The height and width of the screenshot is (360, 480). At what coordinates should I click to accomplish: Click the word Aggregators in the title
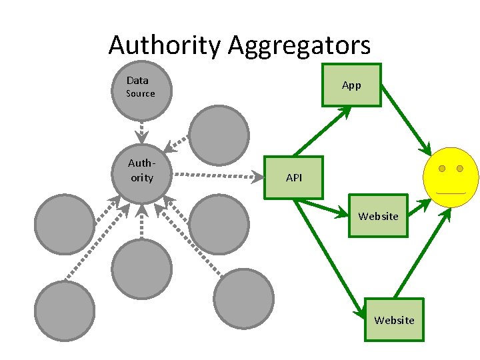299,45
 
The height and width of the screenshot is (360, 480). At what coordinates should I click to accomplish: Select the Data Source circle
141,89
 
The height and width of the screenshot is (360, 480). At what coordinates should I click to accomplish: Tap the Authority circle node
141,173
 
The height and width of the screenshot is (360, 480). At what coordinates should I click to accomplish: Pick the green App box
351,85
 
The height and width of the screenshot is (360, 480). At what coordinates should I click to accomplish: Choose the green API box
293,177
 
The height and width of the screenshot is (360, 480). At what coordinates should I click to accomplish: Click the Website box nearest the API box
378,216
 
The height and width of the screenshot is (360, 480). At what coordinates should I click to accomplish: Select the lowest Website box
394,320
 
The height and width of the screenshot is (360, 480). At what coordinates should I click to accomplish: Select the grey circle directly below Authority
141,269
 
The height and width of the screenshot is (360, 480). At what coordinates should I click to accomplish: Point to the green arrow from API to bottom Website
331,257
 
